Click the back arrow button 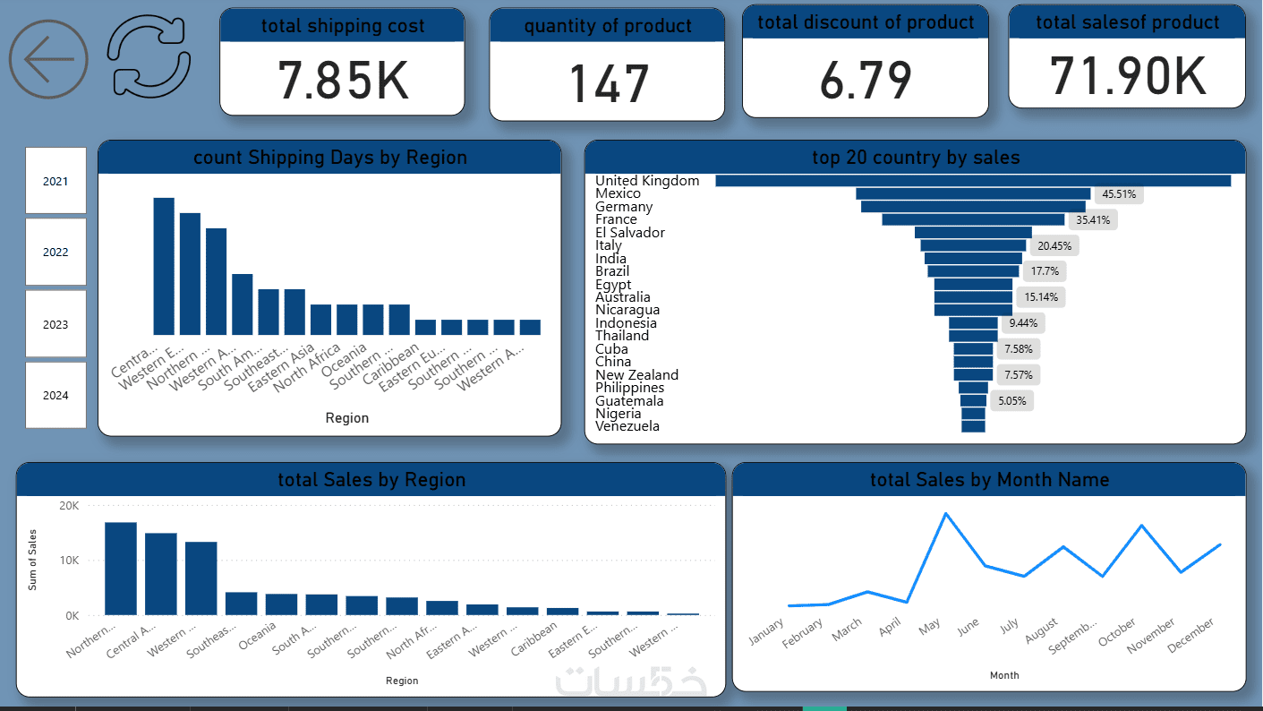[x=48, y=59]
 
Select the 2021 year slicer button [x=55, y=181]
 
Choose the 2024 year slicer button [x=55, y=395]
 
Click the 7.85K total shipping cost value [x=343, y=81]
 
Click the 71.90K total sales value [x=1127, y=76]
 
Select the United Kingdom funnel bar [x=973, y=181]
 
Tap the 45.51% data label [x=1120, y=193]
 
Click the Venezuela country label [x=627, y=426]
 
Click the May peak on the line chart [x=945, y=513]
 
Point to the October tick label [x=1118, y=633]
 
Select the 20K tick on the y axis [x=69, y=506]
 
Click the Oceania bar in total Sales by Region [x=281, y=604]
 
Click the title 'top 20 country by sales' [x=915, y=158]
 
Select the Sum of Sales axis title [x=32, y=560]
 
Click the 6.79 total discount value [x=866, y=80]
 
